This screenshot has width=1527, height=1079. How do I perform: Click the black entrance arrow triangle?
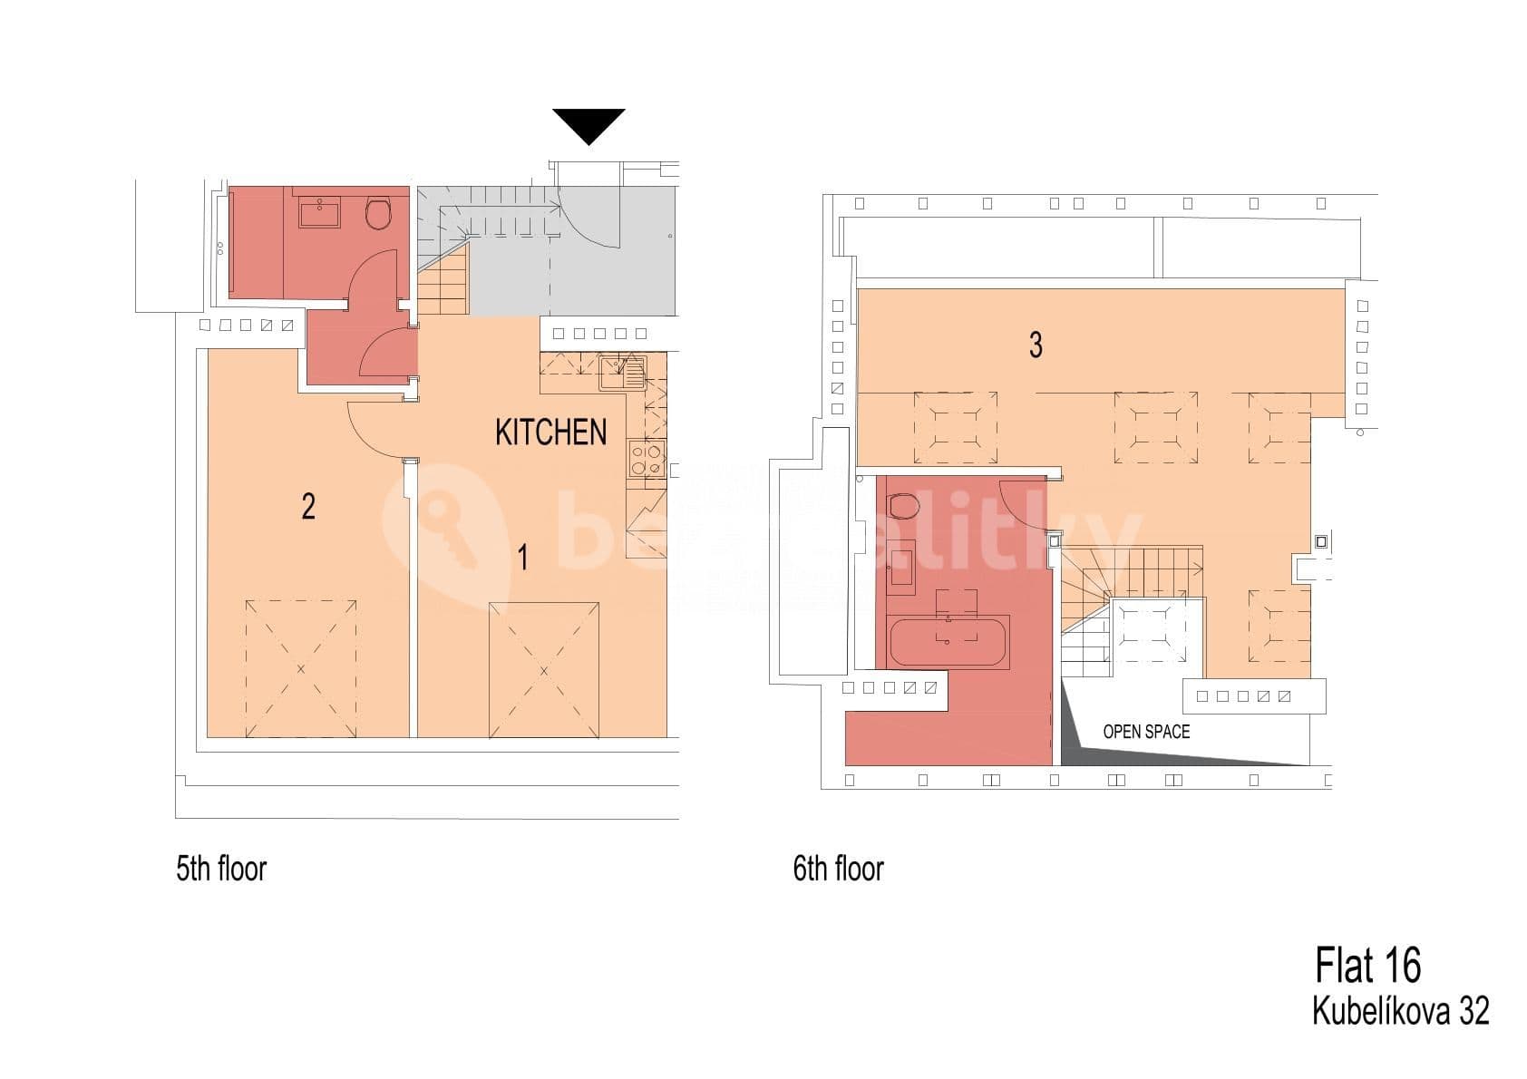coord(588,122)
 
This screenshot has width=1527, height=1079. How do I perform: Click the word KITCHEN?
coord(550,433)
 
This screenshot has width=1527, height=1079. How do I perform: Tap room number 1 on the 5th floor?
coord(522,557)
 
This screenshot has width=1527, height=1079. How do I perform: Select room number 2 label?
coord(308,506)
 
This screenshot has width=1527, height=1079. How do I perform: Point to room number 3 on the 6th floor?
coord(1036,345)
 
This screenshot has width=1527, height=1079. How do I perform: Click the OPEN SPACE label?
coord(1145,732)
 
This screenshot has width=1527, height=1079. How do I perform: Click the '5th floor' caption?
coord(221,869)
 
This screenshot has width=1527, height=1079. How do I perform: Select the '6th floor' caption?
coord(838,869)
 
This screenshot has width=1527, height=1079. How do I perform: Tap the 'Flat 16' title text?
coord(1367,965)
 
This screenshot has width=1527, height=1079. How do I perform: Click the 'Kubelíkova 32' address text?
coord(1400,1011)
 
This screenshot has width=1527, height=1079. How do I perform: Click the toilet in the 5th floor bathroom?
coord(378,214)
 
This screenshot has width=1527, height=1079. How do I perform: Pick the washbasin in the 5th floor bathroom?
coord(319,213)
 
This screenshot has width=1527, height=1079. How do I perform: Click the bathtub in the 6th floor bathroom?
coord(948,642)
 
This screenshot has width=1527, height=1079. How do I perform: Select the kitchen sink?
coord(622,373)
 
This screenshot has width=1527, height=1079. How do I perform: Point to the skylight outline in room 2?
coord(301,668)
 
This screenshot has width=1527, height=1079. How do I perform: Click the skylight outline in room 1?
coord(544,670)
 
